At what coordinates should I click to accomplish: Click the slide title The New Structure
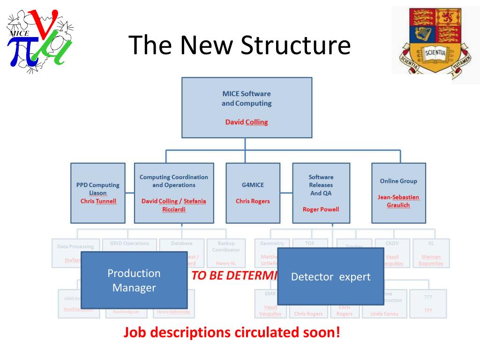click(x=240, y=45)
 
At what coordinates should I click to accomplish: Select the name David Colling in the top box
click(x=247, y=122)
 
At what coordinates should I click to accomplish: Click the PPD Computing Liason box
click(x=98, y=193)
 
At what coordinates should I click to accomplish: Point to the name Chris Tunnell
click(x=98, y=201)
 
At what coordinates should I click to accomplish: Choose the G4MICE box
click(x=253, y=193)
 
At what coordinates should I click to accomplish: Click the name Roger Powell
click(x=321, y=209)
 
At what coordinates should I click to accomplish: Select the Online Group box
click(x=398, y=193)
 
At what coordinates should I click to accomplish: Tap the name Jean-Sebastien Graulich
click(x=398, y=201)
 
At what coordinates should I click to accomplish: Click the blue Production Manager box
click(x=134, y=280)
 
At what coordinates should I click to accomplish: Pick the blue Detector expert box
click(x=330, y=277)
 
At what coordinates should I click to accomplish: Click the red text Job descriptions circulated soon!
click(x=232, y=333)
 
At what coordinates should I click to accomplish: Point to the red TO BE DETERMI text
click(x=234, y=275)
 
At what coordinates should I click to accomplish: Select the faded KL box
click(x=431, y=253)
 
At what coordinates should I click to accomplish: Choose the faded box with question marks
click(x=427, y=303)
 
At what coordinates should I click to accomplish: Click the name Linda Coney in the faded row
click(x=384, y=314)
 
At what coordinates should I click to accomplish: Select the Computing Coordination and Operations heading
click(x=173, y=180)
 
